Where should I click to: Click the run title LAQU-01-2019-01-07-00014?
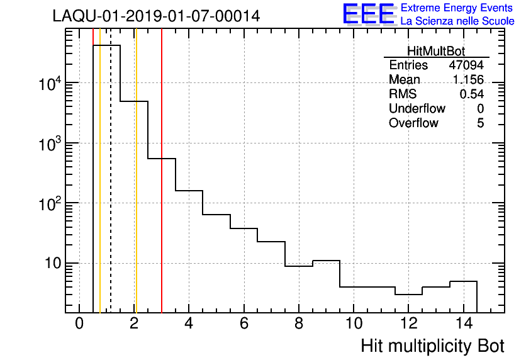point(156,16)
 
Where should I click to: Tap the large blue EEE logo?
point(369,14)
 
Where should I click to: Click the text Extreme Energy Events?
point(457,8)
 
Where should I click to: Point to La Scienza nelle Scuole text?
point(457,21)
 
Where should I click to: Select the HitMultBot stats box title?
point(436,52)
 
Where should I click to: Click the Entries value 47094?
point(466,65)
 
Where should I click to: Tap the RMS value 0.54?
point(471,94)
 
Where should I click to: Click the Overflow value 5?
point(480,123)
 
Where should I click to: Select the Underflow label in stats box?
point(417,109)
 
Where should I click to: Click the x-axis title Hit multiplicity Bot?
point(432,346)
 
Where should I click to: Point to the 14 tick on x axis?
point(463,323)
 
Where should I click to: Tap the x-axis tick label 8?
point(299,323)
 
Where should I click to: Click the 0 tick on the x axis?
point(79,323)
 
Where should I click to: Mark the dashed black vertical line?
point(111,189)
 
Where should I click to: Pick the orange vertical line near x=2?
point(136,189)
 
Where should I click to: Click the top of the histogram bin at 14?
point(463,281)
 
